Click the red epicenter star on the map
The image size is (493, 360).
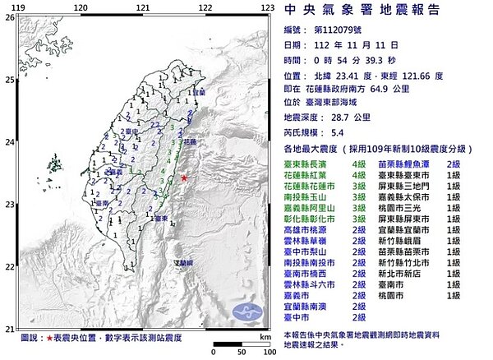(184, 178)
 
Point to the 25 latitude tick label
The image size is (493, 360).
(7, 80)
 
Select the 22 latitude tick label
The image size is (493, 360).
(7, 266)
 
